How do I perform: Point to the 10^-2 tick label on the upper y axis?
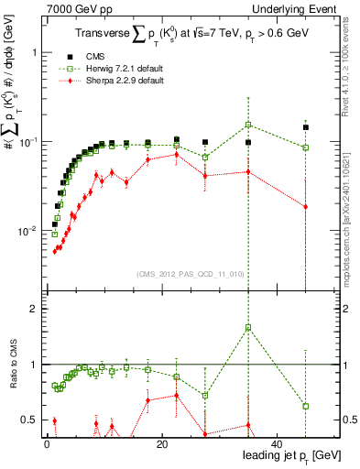point(24,231)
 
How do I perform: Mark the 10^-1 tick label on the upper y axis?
point(24,142)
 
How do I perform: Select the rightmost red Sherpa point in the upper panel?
point(306,207)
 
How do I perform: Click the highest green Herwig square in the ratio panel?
point(248,327)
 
